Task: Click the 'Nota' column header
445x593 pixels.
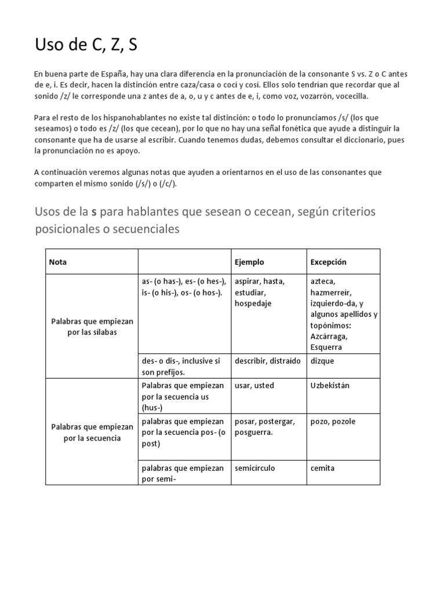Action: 58,262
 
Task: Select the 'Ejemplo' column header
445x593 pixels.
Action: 249,262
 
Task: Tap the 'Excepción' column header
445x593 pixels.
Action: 329,262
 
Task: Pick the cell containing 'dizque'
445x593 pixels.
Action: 323,361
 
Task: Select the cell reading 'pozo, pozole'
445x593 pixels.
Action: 333,422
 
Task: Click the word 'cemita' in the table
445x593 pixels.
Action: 323,468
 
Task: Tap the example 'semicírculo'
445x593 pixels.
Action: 255,468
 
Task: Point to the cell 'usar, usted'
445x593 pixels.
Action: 254,386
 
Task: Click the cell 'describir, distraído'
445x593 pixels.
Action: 268,361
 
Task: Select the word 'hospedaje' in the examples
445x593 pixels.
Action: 253,303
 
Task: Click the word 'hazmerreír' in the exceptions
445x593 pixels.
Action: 331,292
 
